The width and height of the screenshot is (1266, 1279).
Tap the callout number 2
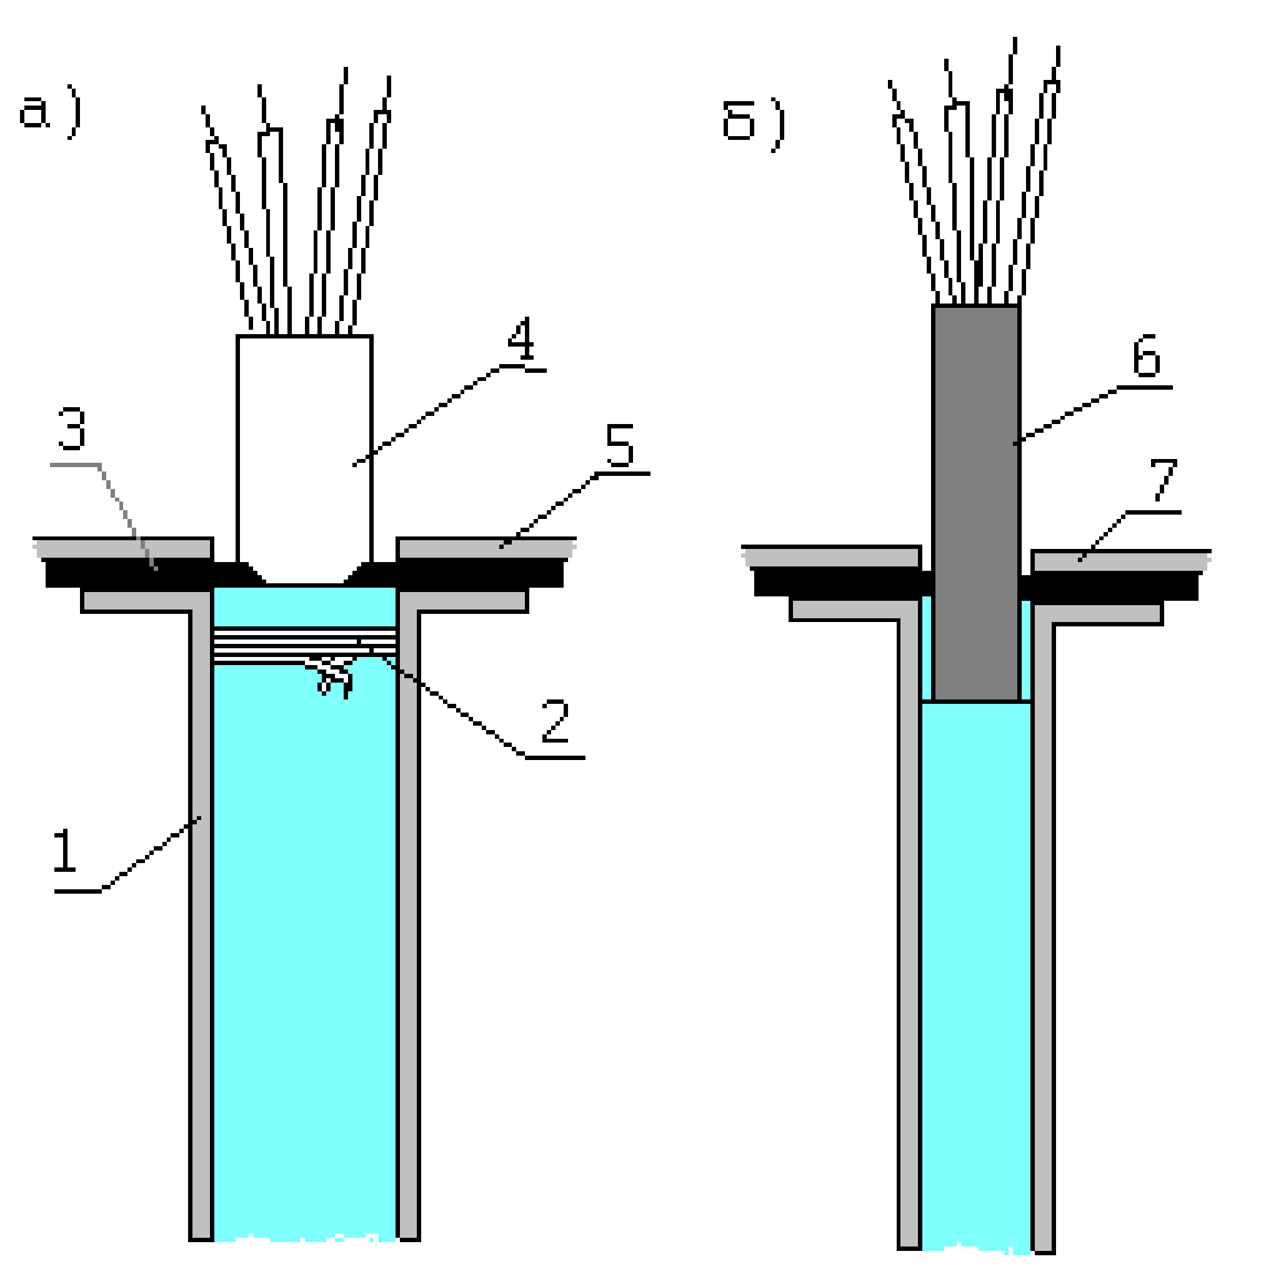coord(554,721)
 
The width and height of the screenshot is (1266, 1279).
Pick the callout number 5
coord(619,445)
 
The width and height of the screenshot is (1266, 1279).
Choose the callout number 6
coord(1146,355)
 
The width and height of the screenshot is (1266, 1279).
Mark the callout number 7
coord(1163,479)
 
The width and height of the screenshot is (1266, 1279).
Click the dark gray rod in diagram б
coord(975,503)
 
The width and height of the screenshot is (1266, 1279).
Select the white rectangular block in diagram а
coord(304,450)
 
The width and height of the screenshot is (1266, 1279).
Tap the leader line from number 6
coord(1067,414)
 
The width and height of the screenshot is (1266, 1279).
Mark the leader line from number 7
coord(1103,536)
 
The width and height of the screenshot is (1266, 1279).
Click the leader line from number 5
coord(550,510)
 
